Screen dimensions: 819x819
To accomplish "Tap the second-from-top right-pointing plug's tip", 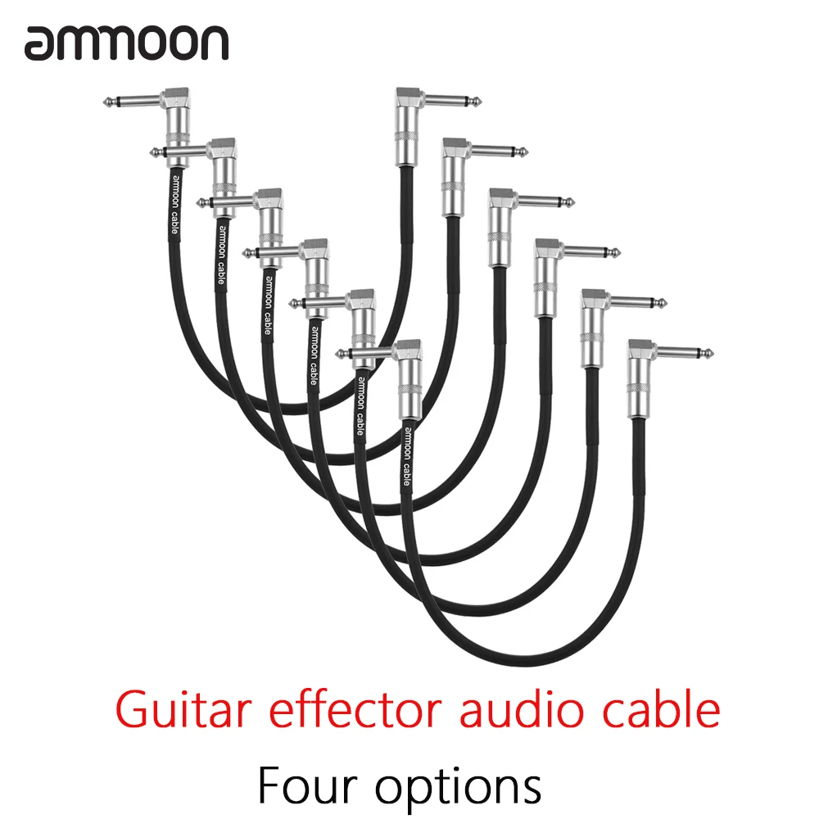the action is [x=525, y=153].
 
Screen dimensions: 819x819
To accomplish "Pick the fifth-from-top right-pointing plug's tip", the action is [x=665, y=304].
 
